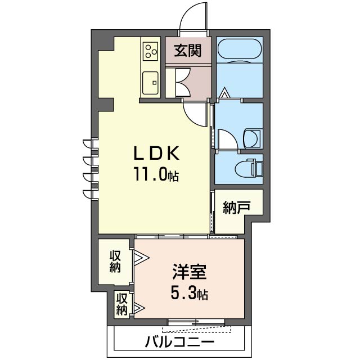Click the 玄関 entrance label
click(x=187, y=51)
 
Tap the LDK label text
click(x=156, y=154)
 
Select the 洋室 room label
click(x=190, y=272)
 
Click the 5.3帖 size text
click(x=190, y=293)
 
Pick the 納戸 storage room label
click(x=236, y=208)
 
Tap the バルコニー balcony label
click(x=179, y=342)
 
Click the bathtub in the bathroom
click(x=239, y=50)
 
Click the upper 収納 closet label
click(x=115, y=262)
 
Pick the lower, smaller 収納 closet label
click(x=122, y=305)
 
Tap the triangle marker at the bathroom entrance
click(x=224, y=93)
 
